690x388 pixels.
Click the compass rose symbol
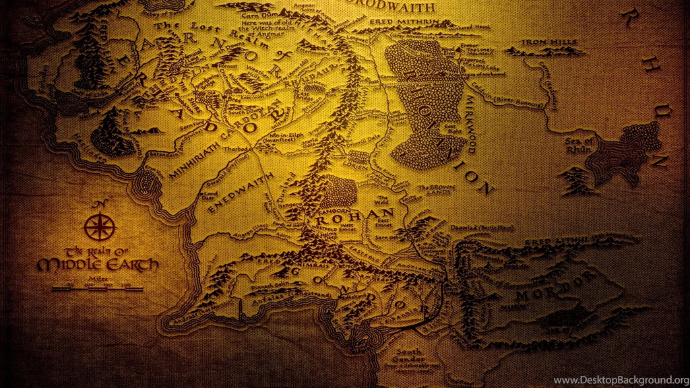point(100,226)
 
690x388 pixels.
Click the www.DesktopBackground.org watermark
point(621,381)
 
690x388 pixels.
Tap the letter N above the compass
point(100,204)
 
